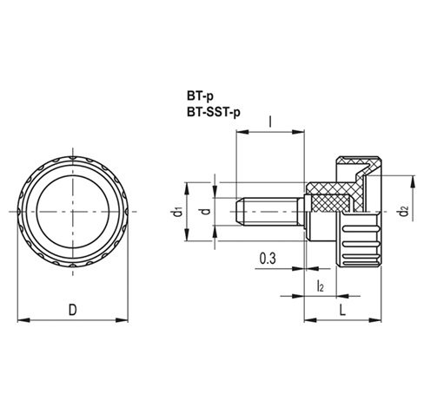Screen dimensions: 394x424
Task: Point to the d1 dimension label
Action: (x=177, y=211)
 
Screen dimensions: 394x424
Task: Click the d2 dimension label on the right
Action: (x=401, y=211)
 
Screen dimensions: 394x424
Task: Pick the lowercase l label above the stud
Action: (x=272, y=122)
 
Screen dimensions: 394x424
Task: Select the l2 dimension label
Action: (x=320, y=286)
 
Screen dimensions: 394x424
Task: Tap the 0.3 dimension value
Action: (x=268, y=258)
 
